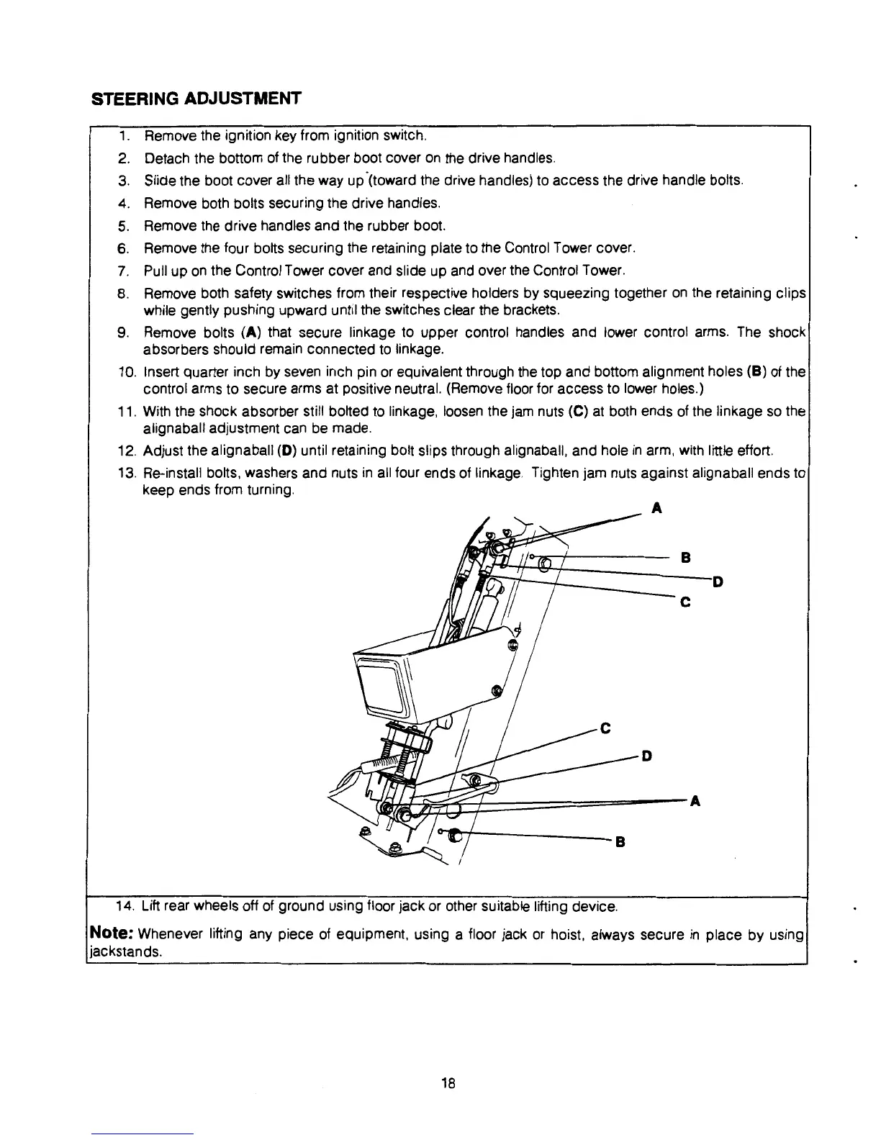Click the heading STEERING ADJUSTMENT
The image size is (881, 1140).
pos(195,99)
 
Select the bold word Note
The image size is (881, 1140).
pos(110,935)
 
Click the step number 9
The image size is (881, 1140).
pos(122,333)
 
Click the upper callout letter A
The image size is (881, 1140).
pos(655,509)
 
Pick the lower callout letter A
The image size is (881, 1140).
pos(695,802)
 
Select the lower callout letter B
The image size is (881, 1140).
pos(618,841)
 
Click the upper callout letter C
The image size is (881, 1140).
pos(685,603)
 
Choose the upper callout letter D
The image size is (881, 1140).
pos(717,581)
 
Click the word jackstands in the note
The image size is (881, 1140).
pos(121,951)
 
